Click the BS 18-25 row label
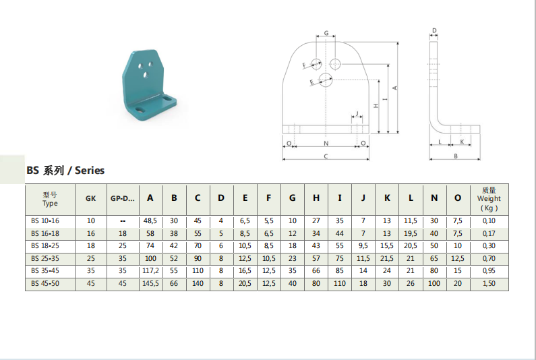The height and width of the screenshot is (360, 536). click(x=44, y=246)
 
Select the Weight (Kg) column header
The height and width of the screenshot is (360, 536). click(x=489, y=199)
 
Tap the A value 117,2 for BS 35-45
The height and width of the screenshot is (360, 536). click(x=150, y=271)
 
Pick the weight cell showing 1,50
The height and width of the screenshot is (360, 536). click(x=489, y=283)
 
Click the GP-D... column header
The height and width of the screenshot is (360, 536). click(x=123, y=198)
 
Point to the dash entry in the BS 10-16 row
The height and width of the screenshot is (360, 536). click(x=123, y=221)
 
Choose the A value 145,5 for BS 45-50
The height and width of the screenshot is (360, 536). click(x=150, y=283)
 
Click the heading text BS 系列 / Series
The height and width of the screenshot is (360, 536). click(x=65, y=171)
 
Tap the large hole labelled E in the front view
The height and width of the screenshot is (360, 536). click(x=326, y=80)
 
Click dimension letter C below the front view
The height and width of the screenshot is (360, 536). click(x=326, y=156)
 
